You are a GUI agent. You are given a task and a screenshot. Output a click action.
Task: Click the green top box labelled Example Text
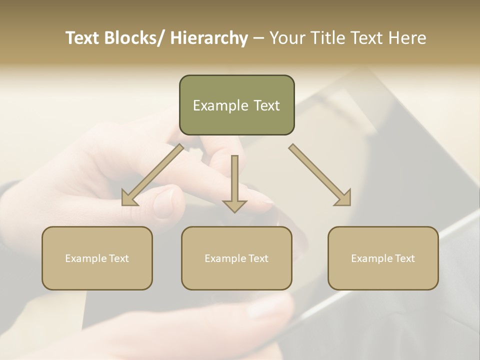click(x=236, y=105)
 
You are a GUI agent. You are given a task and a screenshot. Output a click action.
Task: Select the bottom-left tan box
click(x=97, y=258)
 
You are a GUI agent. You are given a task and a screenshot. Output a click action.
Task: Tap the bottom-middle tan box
click(x=236, y=258)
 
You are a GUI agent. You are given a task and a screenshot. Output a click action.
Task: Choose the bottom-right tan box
click(x=383, y=258)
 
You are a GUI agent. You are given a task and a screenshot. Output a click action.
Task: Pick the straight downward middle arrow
click(x=234, y=183)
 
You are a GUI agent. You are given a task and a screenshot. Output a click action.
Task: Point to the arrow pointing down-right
click(x=320, y=175)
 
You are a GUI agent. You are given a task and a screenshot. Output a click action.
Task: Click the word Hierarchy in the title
click(x=209, y=38)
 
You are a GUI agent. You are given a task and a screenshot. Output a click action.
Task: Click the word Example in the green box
click(x=220, y=105)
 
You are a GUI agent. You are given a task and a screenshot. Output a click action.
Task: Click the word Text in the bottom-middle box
click(x=257, y=258)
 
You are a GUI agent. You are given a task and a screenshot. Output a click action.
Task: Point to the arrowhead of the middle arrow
click(x=234, y=205)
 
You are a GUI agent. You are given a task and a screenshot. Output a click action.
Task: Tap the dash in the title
click(x=258, y=38)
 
